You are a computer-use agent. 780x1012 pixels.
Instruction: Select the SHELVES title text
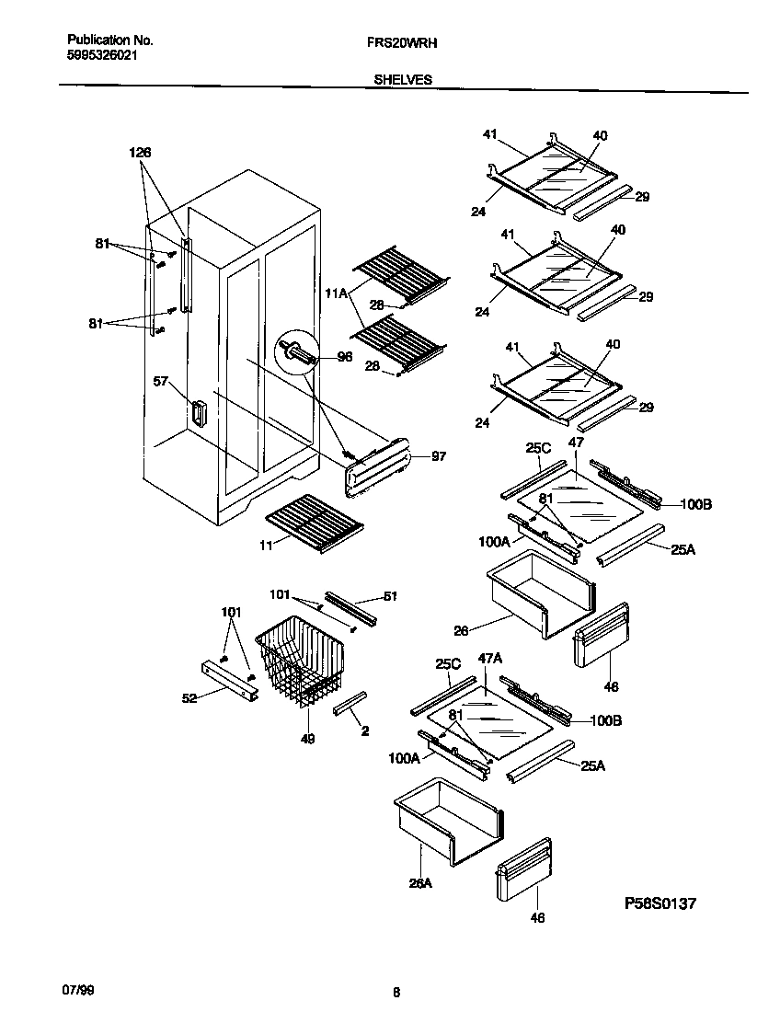pyautogui.click(x=403, y=80)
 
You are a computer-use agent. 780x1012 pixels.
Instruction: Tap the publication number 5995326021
pyautogui.click(x=103, y=55)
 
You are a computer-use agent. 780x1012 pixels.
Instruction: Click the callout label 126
pyautogui.click(x=140, y=153)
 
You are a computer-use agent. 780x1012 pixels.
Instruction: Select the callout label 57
pyautogui.click(x=161, y=381)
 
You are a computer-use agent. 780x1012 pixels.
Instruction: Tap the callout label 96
pyautogui.click(x=345, y=357)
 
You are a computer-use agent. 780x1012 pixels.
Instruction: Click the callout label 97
pyautogui.click(x=438, y=456)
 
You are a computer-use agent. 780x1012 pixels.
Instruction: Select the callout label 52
pyautogui.click(x=189, y=698)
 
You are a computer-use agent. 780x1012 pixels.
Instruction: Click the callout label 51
pyautogui.click(x=390, y=596)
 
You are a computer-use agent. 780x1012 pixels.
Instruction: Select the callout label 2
pyautogui.click(x=364, y=731)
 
